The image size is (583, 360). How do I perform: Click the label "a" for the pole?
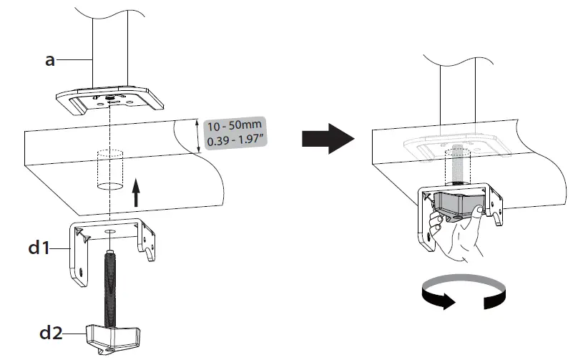pyautogui.click(x=50, y=61)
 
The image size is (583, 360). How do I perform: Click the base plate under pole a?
pyautogui.click(x=107, y=100)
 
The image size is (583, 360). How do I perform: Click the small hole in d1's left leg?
pyautogui.click(x=79, y=273)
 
